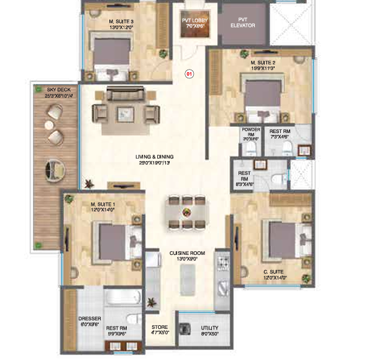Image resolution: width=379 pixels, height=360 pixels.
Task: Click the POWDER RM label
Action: coord(250,134)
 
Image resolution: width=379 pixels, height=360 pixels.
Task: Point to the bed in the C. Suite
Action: coord(283,239)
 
